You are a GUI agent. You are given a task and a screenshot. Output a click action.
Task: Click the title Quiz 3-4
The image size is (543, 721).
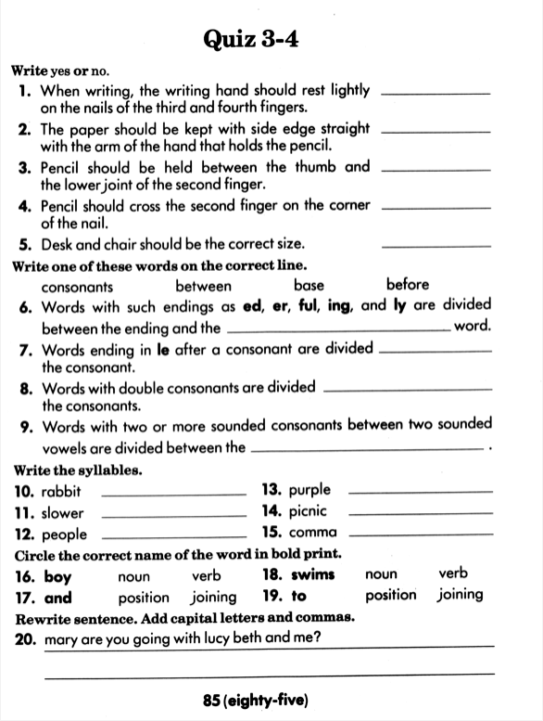click(x=271, y=39)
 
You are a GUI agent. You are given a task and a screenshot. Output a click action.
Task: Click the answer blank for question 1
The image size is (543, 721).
click(x=436, y=93)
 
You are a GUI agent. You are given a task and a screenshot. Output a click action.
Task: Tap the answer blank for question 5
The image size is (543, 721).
click(x=436, y=246)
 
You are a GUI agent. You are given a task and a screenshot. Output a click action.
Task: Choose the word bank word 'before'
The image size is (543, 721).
click(x=408, y=285)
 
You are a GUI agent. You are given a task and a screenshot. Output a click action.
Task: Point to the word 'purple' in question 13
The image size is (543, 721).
click(x=309, y=490)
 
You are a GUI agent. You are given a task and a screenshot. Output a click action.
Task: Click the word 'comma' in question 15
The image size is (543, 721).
click(x=312, y=534)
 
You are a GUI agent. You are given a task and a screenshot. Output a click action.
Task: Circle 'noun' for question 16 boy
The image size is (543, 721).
click(x=134, y=576)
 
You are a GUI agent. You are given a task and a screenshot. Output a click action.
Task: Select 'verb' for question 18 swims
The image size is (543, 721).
click(x=453, y=574)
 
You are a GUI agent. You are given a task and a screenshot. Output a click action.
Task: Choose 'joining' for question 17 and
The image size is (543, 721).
click(x=213, y=598)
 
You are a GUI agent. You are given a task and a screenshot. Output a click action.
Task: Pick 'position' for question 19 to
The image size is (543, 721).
click(x=391, y=596)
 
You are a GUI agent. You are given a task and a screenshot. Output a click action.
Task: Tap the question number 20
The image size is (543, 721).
click(x=25, y=638)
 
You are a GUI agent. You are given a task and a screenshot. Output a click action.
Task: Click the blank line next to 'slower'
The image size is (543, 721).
click(x=171, y=517)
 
